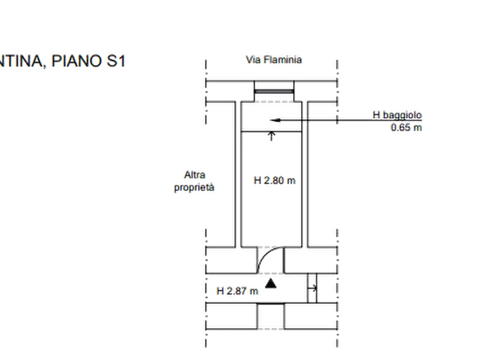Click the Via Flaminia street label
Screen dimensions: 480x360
(x=274, y=60)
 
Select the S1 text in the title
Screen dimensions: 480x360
(x=116, y=61)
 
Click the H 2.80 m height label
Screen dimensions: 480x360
(x=275, y=181)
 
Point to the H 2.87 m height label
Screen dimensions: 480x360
(x=237, y=291)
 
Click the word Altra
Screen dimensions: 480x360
(x=195, y=175)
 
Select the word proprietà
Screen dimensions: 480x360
(x=194, y=188)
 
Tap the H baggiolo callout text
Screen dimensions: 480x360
(x=397, y=115)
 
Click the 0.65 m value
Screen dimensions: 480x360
(x=406, y=127)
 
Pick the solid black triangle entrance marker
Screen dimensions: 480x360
(x=270, y=284)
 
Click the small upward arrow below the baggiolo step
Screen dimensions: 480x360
(x=271, y=136)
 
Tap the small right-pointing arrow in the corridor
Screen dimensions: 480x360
(x=312, y=288)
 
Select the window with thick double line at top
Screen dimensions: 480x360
(x=274, y=91)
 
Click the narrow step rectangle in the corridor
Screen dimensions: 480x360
(x=312, y=288)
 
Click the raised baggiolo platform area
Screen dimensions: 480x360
(x=271, y=117)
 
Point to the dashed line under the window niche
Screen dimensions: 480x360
(x=274, y=102)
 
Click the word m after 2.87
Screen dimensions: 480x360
(x=254, y=291)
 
